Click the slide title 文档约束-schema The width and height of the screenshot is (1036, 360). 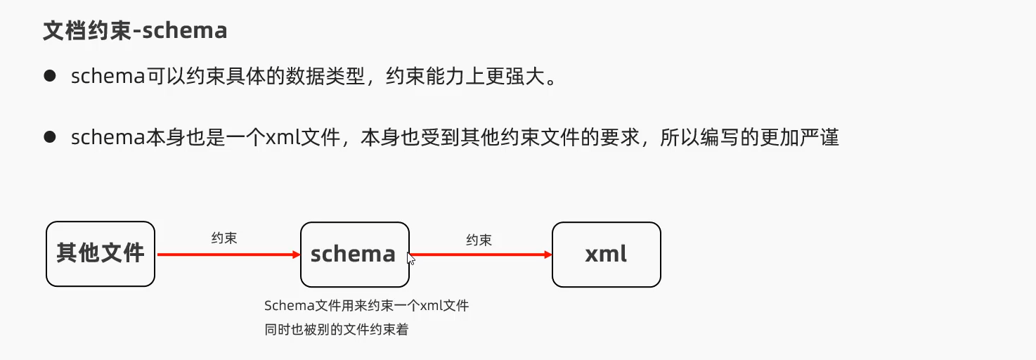coord(135,31)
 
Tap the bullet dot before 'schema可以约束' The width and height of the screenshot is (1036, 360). coord(49,76)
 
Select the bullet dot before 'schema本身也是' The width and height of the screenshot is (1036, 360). coord(49,137)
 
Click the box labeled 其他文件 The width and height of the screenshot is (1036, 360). coord(101,254)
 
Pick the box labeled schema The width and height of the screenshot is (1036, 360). coord(354,254)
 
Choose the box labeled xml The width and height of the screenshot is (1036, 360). coord(606,254)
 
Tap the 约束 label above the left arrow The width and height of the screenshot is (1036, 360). coord(224,238)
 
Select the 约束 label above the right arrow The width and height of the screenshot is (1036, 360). coord(479,240)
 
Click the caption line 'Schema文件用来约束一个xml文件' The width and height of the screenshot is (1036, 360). coord(366,306)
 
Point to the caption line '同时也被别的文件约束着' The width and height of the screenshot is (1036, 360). coord(336,328)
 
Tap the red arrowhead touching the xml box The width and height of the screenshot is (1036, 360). coord(548,255)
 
